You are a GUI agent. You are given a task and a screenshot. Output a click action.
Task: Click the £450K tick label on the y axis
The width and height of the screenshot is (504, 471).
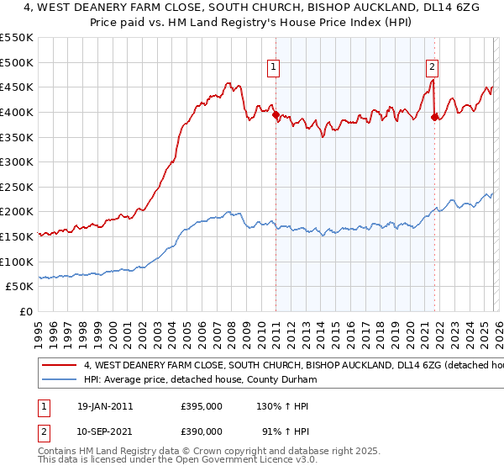tap(17, 87)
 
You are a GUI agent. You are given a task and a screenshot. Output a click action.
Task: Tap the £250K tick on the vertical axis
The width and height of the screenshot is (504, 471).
tap(17, 187)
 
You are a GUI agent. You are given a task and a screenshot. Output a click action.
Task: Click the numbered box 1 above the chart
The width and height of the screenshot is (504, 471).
tap(274, 69)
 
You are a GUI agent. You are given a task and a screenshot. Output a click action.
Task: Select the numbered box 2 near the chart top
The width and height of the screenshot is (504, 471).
tap(432, 69)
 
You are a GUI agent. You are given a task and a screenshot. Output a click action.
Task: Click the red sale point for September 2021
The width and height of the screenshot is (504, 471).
tap(434, 117)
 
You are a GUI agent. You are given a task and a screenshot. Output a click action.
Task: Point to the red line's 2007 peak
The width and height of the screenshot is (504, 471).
tap(227, 82)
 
